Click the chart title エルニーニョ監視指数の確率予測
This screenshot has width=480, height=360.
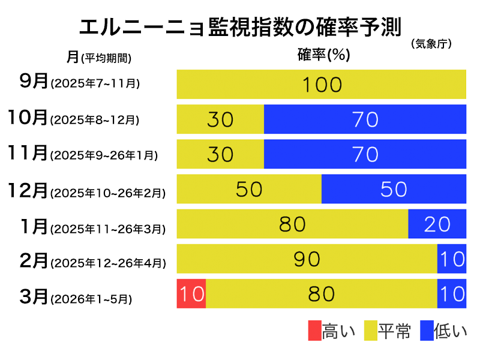click(240, 28)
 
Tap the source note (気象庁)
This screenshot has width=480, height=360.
click(431, 44)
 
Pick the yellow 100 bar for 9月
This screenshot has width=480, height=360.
click(322, 84)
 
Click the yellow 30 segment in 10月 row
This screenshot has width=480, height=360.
click(220, 119)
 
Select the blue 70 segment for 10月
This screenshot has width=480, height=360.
click(365, 119)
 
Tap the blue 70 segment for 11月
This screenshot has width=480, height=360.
click(365, 154)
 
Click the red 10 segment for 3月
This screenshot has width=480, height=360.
click(191, 293)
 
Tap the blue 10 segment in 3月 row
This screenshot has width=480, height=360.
click(451, 293)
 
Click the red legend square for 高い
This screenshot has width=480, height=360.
click(314, 331)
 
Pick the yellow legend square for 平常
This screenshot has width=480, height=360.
click(370, 331)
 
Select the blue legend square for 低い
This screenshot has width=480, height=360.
click(427, 331)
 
